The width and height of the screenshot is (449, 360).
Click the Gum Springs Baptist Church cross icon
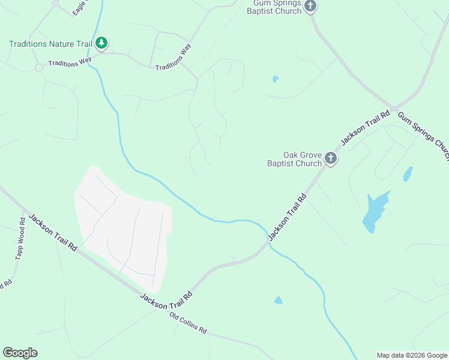[x=310, y=7]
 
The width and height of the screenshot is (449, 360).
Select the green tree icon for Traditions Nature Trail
[x=102, y=43]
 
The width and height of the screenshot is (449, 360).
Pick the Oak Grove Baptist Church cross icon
[x=330, y=159]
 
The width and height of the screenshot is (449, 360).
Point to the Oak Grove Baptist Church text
[x=295, y=159]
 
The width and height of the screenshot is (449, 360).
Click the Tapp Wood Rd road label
[x=20, y=239]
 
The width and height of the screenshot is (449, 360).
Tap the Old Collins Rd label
[x=188, y=323]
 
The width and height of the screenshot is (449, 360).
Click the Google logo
[x=20, y=353]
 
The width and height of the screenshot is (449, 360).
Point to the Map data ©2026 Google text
[x=412, y=355]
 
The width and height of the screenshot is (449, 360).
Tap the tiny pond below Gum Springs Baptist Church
[x=276, y=79]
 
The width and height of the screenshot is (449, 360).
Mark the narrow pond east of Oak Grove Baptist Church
[x=408, y=174]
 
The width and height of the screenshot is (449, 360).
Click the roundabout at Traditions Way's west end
[x=40, y=67]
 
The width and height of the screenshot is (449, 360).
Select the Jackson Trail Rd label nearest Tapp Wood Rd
[x=53, y=233]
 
